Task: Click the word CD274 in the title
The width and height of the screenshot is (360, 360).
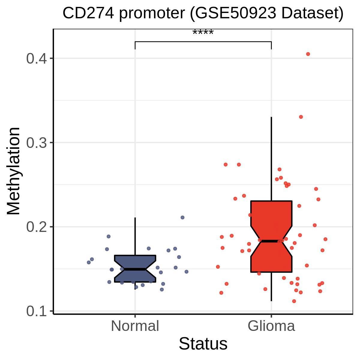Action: [88, 13]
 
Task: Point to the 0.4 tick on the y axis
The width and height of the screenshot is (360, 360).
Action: [36, 58]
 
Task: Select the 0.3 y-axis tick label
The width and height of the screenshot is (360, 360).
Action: [36, 143]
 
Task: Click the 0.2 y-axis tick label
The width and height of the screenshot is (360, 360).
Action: [36, 227]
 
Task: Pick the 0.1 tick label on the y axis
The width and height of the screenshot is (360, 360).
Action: [36, 311]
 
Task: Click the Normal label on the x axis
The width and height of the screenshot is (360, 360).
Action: [135, 326]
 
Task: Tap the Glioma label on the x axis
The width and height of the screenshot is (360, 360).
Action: [271, 326]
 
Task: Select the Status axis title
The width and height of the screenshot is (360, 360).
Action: [203, 344]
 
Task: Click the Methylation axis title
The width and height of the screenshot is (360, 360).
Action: [13, 171]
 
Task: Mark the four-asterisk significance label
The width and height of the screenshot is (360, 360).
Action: [203, 32]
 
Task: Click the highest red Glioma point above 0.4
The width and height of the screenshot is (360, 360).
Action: [308, 54]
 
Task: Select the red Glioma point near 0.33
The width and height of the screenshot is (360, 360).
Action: [301, 117]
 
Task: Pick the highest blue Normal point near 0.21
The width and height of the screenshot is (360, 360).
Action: [182, 217]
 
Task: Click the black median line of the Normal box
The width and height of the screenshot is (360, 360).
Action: [135, 269]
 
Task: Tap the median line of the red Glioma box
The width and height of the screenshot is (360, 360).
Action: [271, 241]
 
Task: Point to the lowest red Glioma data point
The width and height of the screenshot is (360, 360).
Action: [294, 301]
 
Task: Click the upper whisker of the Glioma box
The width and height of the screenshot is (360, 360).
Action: [271, 159]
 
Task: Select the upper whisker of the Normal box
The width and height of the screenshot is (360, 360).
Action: [135, 236]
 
